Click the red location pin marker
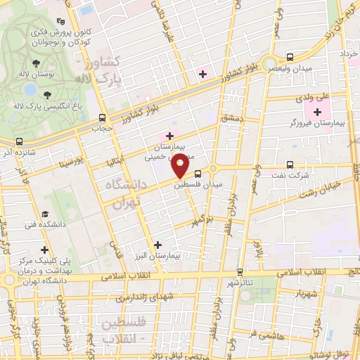180,167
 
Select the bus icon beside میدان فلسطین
198,172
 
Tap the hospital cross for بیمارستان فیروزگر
317,112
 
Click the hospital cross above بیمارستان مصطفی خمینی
169,135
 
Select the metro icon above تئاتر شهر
240,271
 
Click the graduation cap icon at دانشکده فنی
46,214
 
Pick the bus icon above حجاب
103,118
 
